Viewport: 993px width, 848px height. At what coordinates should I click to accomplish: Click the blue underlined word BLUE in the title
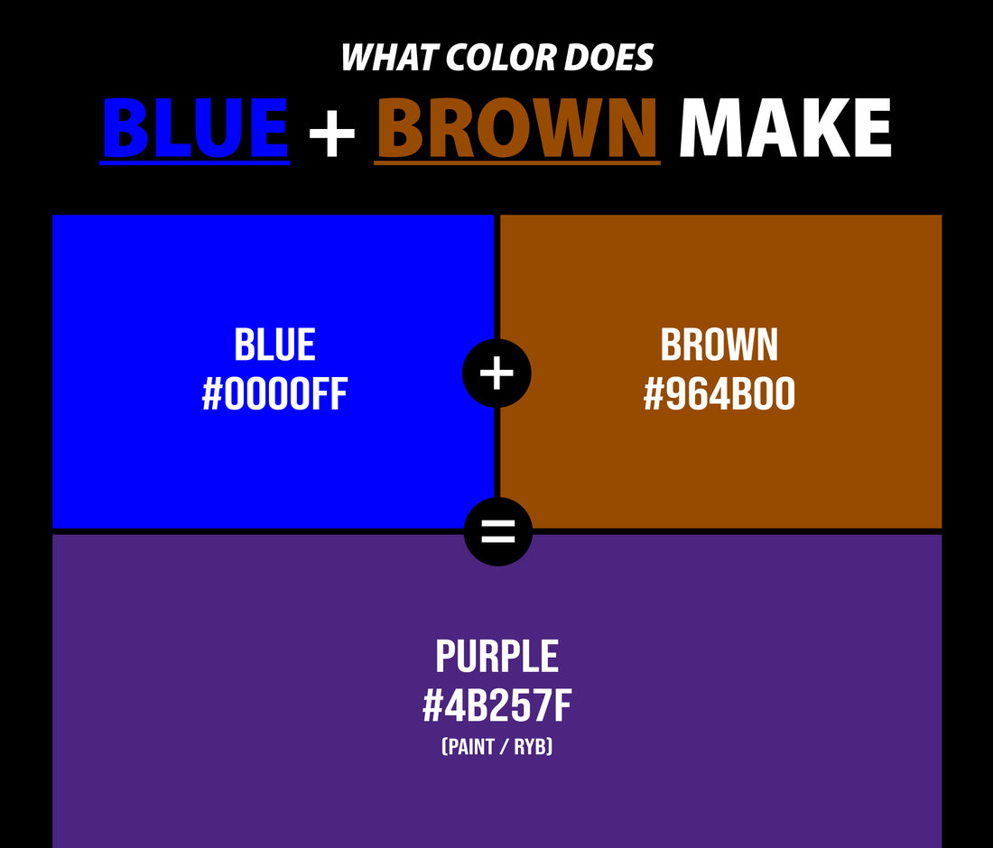195,127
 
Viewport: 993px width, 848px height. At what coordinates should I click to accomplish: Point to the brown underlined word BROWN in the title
516,127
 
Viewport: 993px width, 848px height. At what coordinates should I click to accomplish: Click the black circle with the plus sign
496,373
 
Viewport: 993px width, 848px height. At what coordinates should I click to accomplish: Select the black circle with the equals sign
497,532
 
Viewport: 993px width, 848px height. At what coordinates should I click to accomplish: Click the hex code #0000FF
274,395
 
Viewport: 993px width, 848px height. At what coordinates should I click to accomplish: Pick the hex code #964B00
719,395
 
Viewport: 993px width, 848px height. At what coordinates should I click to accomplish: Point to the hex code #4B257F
496,707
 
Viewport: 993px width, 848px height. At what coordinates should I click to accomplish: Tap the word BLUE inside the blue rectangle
274,346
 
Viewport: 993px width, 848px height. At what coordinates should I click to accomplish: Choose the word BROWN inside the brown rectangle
719,346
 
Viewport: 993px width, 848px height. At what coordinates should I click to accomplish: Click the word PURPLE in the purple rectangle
496,657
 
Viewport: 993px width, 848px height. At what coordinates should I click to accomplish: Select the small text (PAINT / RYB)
496,747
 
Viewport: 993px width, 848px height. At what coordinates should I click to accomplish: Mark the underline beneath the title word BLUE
195,162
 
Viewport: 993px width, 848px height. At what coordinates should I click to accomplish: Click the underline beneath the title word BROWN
516,162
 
